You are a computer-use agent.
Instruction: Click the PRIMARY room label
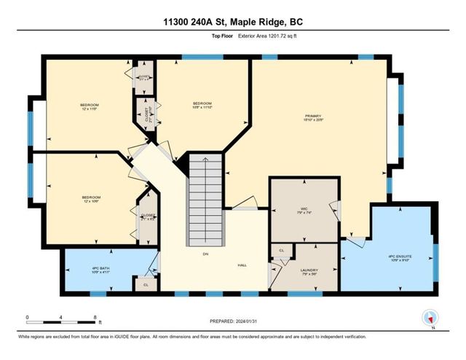[314, 117]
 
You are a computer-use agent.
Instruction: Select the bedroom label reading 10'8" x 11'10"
[202, 106]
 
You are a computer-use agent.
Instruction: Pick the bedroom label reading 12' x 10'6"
[91, 200]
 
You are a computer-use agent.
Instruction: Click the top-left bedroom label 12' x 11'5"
[89, 106]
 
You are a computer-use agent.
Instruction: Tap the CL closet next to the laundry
[281, 251]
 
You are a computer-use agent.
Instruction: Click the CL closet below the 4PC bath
[146, 284]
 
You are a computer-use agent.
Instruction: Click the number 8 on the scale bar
[95, 317]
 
